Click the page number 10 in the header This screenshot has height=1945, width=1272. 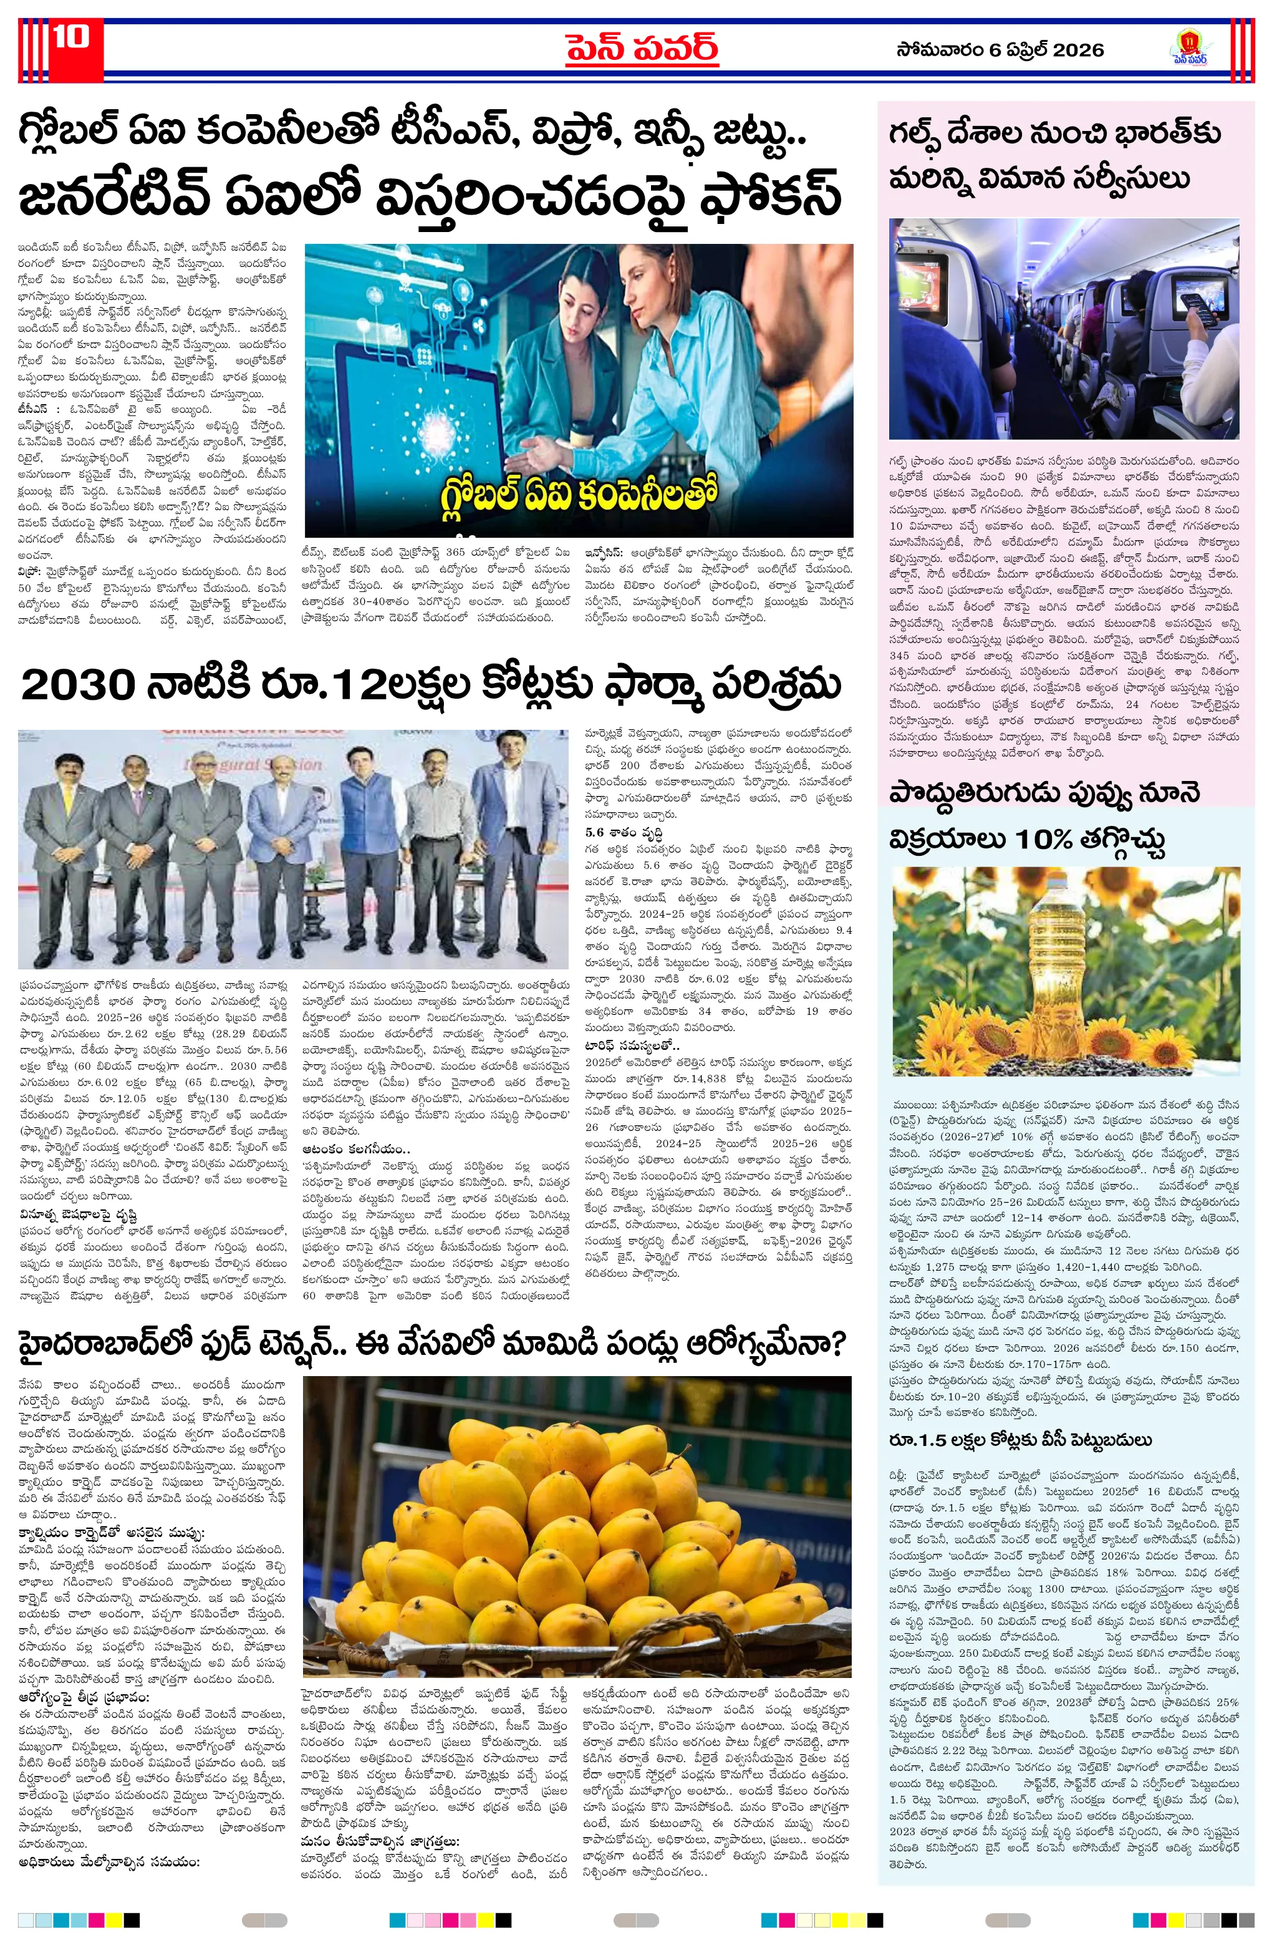click(x=72, y=39)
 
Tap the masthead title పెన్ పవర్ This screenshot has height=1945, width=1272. click(x=642, y=47)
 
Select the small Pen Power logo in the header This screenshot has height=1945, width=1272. click(x=1190, y=47)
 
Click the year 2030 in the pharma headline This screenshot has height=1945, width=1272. click(x=79, y=685)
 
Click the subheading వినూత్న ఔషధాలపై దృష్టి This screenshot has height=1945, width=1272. click(x=77, y=1215)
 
